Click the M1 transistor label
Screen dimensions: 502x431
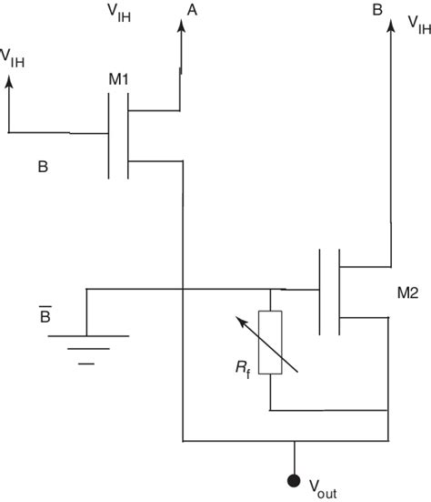tap(119, 79)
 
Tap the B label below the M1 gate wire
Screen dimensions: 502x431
tap(42, 168)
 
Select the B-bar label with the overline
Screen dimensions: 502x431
tap(44, 316)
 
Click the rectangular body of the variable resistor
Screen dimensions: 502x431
tap(270, 343)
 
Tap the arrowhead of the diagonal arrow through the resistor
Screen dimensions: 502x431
tap(238, 320)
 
